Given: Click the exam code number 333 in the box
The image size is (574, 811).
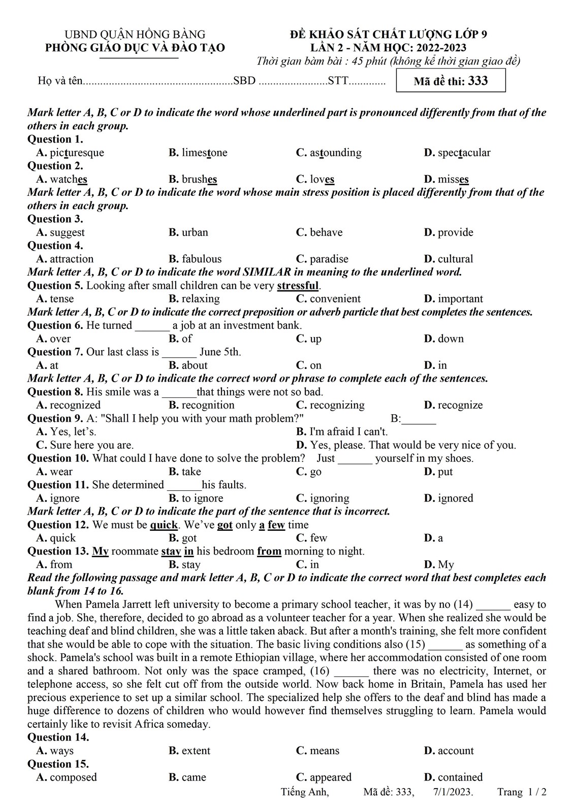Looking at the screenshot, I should [477, 81].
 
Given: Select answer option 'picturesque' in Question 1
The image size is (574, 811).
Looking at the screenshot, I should [77, 153].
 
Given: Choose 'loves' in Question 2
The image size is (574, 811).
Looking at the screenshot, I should [322, 179].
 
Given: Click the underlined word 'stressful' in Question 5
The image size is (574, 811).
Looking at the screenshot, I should [298, 285].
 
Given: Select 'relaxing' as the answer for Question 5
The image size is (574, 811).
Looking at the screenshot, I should [201, 299].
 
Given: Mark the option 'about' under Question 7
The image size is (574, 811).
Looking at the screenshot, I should [195, 365].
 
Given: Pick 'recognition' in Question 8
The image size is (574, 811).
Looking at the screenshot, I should [208, 405].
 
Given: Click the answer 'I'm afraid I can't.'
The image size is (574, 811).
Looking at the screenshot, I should [348, 432].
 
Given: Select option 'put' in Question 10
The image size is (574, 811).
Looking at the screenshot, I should [445, 472].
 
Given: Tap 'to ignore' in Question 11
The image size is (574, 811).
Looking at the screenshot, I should [202, 498].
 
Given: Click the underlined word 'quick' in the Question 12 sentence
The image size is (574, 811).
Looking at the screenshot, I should [164, 525].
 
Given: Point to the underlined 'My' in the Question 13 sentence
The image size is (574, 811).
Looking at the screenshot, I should [101, 551].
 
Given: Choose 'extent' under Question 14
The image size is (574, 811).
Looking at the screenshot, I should [196, 751].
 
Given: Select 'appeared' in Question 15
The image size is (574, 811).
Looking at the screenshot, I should [330, 777].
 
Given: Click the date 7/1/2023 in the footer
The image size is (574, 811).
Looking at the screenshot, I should [453, 792].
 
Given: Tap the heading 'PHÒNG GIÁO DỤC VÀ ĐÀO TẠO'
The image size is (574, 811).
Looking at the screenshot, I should [135, 48].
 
